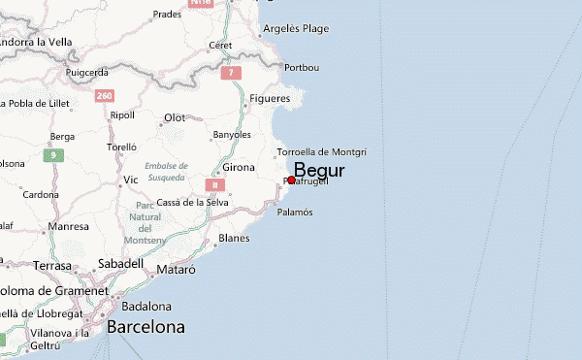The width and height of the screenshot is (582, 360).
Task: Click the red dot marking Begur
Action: click(x=291, y=180)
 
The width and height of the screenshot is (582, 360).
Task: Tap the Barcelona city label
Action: click(x=145, y=327)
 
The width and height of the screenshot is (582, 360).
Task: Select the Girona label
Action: click(x=239, y=168)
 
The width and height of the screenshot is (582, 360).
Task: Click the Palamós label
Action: click(x=295, y=212)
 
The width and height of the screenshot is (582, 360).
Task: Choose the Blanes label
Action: click(x=235, y=238)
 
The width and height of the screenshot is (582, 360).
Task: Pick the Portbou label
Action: click(x=301, y=67)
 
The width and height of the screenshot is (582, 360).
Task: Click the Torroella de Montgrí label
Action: click(x=321, y=152)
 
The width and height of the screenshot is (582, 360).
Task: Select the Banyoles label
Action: click(x=232, y=135)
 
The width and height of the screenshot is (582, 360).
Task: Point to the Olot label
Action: click(x=175, y=117)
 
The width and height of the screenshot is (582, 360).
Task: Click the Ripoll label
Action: click(x=122, y=115)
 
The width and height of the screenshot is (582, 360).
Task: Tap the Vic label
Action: click(x=131, y=180)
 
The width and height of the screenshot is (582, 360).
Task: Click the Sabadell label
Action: click(x=120, y=263)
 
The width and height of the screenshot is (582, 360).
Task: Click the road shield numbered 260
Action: click(x=105, y=95)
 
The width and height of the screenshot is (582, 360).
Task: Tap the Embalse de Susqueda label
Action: click(x=166, y=171)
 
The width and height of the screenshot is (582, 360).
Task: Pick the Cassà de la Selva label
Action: click(x=192, y=203)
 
